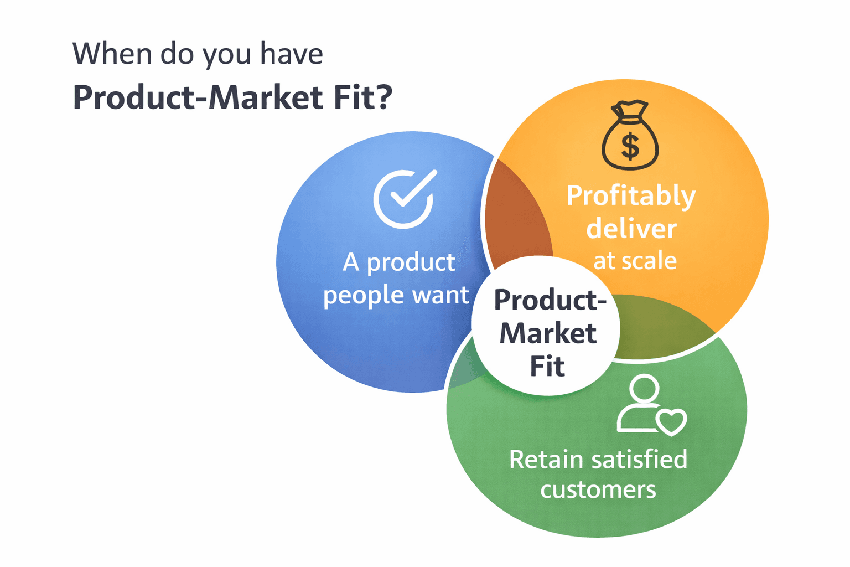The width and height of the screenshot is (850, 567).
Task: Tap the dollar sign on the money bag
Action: pyautogui.click(x=630, y=146)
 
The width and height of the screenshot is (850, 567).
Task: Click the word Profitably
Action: pyautogui.click(x=631, y=197)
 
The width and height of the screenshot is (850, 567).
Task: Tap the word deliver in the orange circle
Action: pyautogui.click(x=631, y=229)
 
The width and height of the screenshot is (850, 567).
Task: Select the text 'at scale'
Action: pyautogui.click(x=635, y=260)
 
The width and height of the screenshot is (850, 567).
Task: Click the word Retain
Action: pyautogui.click(x=546, y=460)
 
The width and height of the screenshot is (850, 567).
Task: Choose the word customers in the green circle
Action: pyautogui.click(x=598, y=490)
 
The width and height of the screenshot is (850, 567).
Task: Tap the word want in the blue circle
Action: pyautogui.click(x=440, y=295)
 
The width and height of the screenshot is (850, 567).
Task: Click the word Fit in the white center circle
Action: pyautogui.click(x=547, y=367)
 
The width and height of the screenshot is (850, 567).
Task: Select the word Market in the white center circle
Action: pyautogui.click(x=548, y=333)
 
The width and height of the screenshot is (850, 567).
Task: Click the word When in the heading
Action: pyautogui.click(x=112, y=54)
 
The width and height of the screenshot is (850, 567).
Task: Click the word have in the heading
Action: pyautogui.click(x=292, y=54)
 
